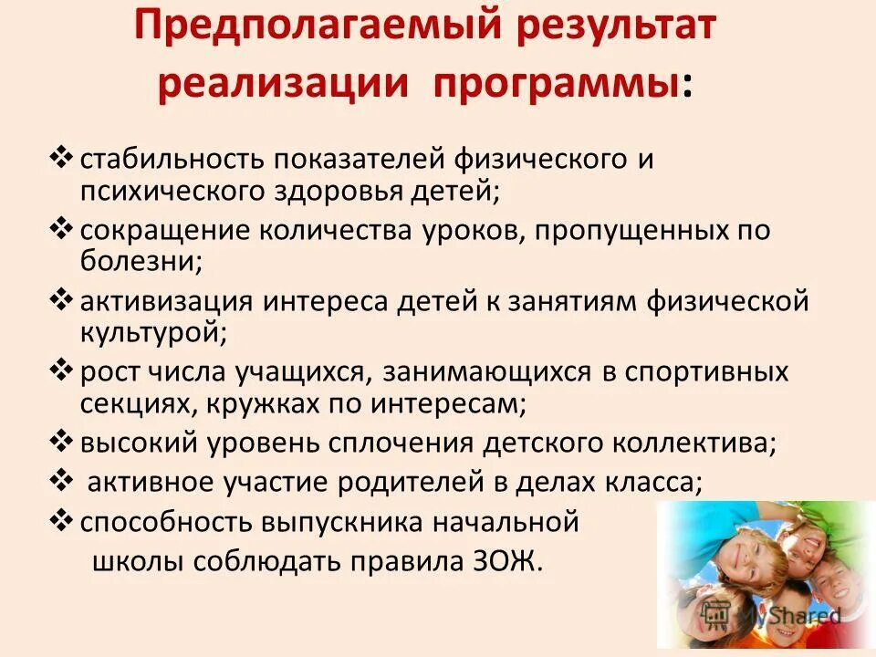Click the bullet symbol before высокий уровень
[x=62, y=443]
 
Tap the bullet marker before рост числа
[x=62, y=371]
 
